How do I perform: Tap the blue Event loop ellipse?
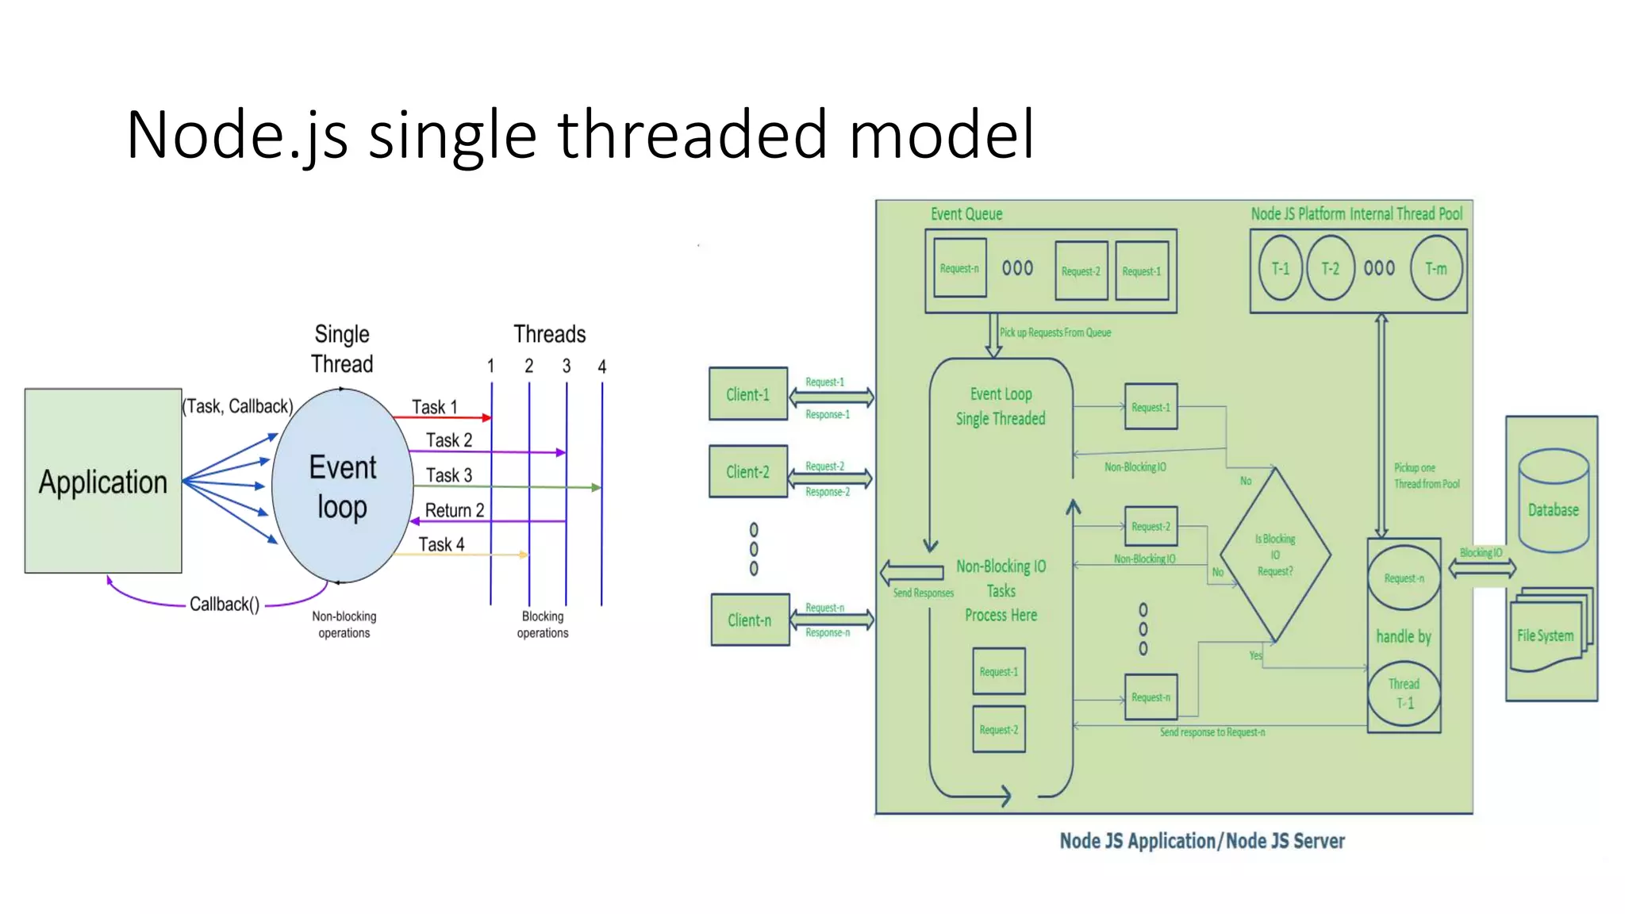pyautogui.click(x=342, y=486)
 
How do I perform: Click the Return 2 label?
pyautogui.click(x=454, y=510)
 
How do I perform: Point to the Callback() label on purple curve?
pyautogui.click(x=225, y=605)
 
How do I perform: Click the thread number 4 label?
pyautogui.click(x=601, y=367)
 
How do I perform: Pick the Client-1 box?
pyautogui.click(x=747, y=394)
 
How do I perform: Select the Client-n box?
pyautogui.click(x=750, y=620)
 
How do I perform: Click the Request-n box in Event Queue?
pyautogui.click(x=959, y=268)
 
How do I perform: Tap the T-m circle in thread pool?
pyautogui.click(x=1436, y=268)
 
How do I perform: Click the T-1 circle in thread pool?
pyautogui.click(x=1280, y=268)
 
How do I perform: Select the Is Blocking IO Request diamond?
pyautogui.click(x=1274, y=555)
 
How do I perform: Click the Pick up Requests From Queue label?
pyautogui.click(x=1055, y=332)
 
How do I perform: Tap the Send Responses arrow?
pyautogui.click(x=912, y=572)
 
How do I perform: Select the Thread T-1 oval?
pyautogui.click(x=1404, y=693)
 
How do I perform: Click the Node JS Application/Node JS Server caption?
pyautogui.click(x=1201, y=841)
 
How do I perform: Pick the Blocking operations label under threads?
pyautogui.click(x=543, y=624)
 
